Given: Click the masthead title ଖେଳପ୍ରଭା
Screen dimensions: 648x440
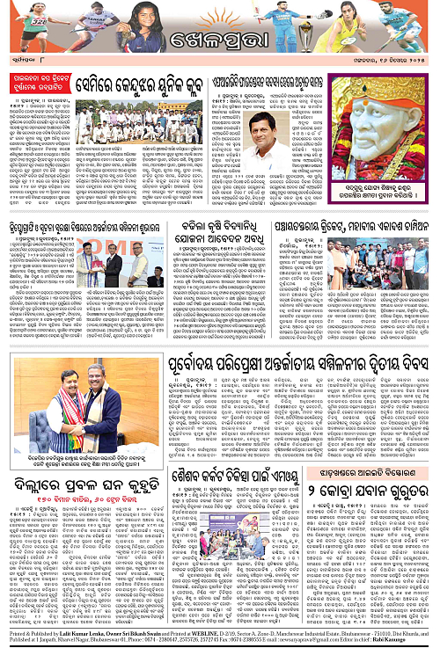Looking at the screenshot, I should click(220, 42).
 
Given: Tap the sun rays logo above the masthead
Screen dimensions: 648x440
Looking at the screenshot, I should click(220, 15).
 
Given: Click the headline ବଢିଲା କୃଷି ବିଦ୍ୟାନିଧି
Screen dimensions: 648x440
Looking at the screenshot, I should click(219, 233).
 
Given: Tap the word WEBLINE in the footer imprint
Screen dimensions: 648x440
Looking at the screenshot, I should click(215, 632).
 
